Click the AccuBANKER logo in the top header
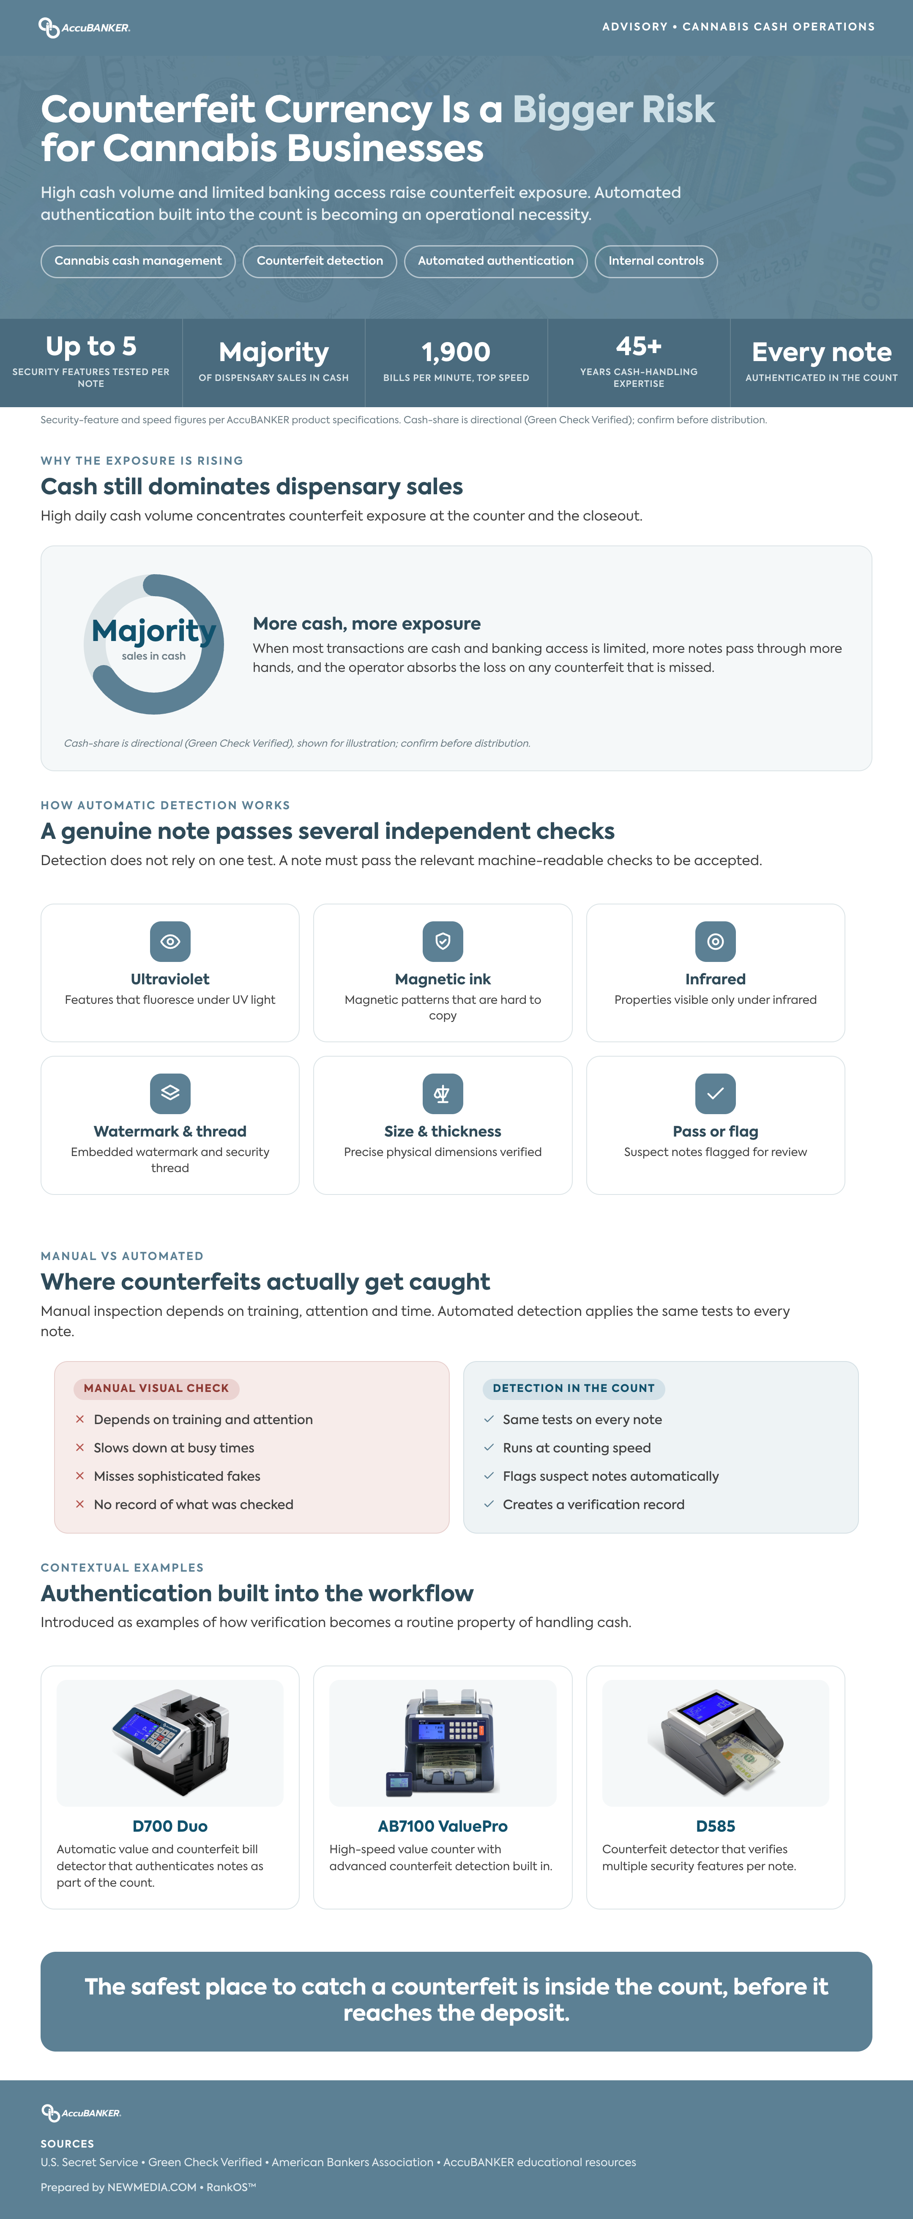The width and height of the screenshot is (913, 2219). click(x=85, y=27)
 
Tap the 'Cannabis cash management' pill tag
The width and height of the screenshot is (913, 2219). click(x=138, y=261)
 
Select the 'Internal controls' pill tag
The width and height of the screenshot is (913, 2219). click(x=656, y=261)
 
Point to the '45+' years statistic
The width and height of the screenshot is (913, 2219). click(x=638, y=346)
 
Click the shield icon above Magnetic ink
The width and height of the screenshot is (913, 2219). click(x=443, y=942)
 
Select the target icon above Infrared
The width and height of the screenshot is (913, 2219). click(x=716, y=942)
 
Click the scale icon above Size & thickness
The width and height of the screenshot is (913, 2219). click(x=443, y=1094)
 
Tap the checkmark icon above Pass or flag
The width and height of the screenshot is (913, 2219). click(x=716, y=1094)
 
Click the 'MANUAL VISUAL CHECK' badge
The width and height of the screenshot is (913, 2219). click(x=156, y=1389)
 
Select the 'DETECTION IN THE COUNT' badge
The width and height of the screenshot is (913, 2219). click(x=574, y=1389)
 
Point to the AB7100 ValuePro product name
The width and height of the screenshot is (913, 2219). click(x=443, y=1826)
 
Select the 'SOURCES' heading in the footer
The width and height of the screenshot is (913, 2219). click(x=67, y=2144)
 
